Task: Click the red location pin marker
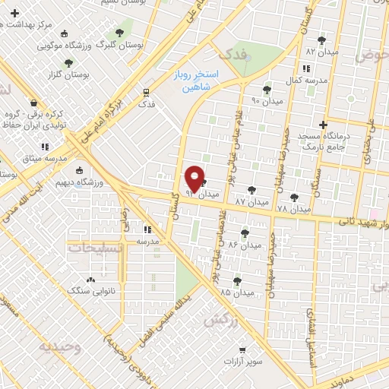tap(195, 179)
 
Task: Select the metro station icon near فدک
tap(146, 93)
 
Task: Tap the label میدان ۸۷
tap(252, 203)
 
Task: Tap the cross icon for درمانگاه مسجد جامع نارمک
tap(323, 124)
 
